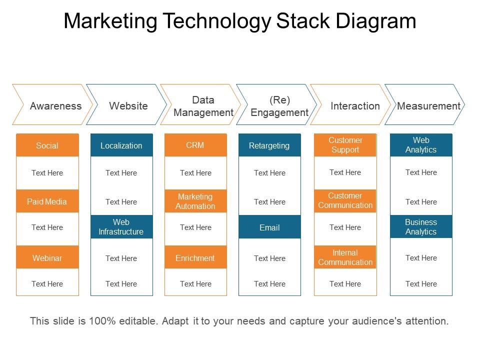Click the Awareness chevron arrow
click(53, 105)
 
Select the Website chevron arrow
click(127, 105)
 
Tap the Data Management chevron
click(202, 105)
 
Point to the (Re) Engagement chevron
click(278, 105)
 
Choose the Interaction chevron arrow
click(352, 105)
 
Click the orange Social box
click(47, 145)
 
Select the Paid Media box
click(47, 201)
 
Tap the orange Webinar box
click(47, 257)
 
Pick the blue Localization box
click(121, 145)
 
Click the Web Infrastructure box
click(121, 226)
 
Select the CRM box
click(195, 145)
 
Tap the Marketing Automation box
click(195, 201)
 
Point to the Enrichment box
click(195, 257)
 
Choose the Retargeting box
click(269, 145)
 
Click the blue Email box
click(269, 227)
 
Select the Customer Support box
click(345, 145)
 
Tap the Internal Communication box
click(345, 257)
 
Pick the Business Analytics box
click(421, 226)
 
